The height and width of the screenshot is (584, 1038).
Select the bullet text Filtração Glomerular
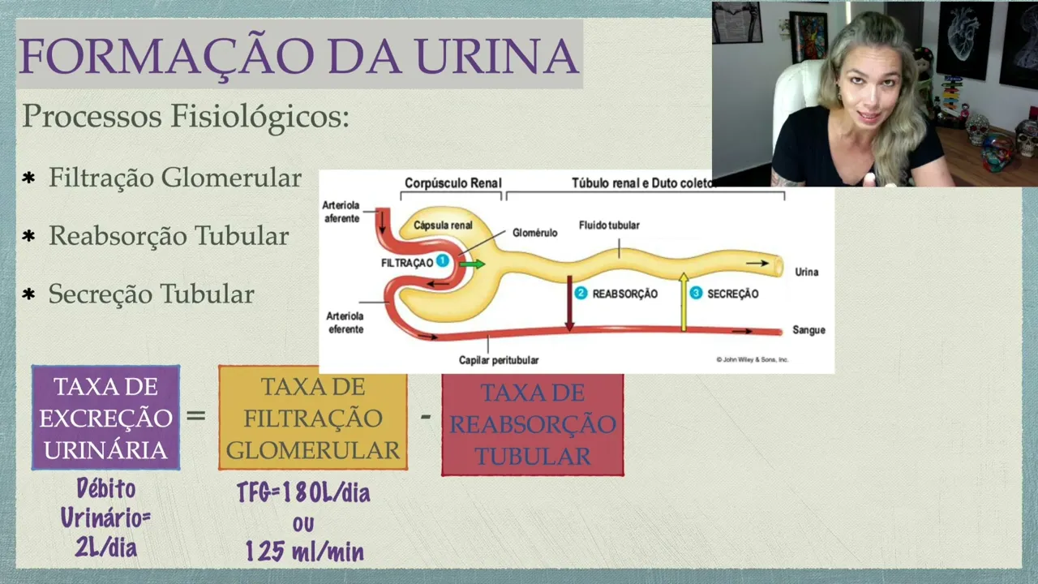pyautogui.click(x=174, y=178)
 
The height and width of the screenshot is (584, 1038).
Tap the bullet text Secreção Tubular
pyautogui.click(x=151, y=294)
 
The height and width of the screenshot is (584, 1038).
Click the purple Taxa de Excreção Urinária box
pyautogui.click(x=105, y=418)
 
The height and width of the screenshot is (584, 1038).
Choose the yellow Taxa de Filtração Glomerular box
pyautogui.click(x=313, y=418)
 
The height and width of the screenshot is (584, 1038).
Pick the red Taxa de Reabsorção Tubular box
pyautogui.click(x=533, y=424)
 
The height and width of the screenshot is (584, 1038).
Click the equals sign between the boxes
pyautogui.click(x=196, y=416)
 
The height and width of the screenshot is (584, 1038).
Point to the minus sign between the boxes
pyautogui.click(x=425, y=417)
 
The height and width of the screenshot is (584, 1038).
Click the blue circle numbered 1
pyautogui.click(x=442, y=261)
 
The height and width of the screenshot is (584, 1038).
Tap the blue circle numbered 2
pyautogui.click(x=581, y=294)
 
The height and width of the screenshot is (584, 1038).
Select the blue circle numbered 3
pyautogui.click(x=696, y=294)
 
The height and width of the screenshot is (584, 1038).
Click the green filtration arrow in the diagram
pyautogui.click(x=472, y=264)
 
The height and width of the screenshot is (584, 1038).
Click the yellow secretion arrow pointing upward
pyautogui.click(x=684, y=301)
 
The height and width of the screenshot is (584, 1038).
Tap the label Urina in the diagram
pyautogui.click(x=806, y=272)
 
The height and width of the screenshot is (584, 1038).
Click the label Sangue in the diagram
pyautogui.click(x=809, y=330)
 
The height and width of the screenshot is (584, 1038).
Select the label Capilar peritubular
pyautogui.click(x=499, y=359)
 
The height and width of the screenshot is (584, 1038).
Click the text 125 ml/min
pyautogui.click(x=304, y=552)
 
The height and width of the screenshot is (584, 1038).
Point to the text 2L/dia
pyautogui.click(x=105, y=548)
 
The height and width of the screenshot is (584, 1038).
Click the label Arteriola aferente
pyautogui.click(x=341, y=212)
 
